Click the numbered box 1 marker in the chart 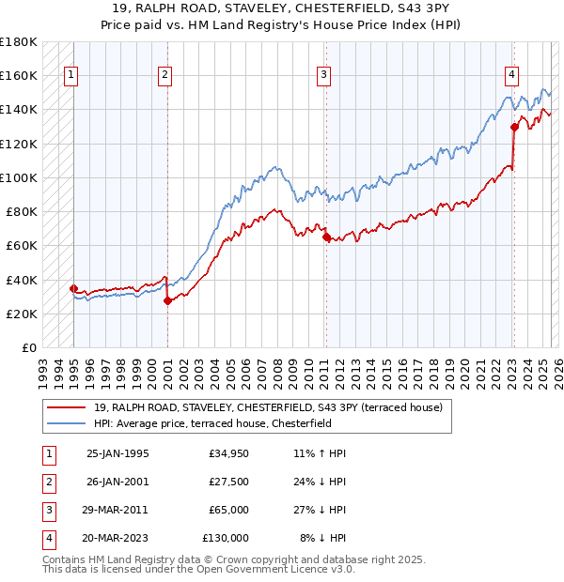click(x=72, y=76)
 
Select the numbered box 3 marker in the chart click(x=323, y=76)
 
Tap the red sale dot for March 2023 click(x=514, y=127)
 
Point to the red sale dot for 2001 click(x=167, y=300)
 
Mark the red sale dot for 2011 click(x=325, y=237)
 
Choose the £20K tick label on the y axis click(x=22, y=314)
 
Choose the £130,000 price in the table click(x=225, y=538)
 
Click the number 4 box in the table click(x=46, y=538)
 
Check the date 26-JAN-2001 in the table click(x=117, y=482)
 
